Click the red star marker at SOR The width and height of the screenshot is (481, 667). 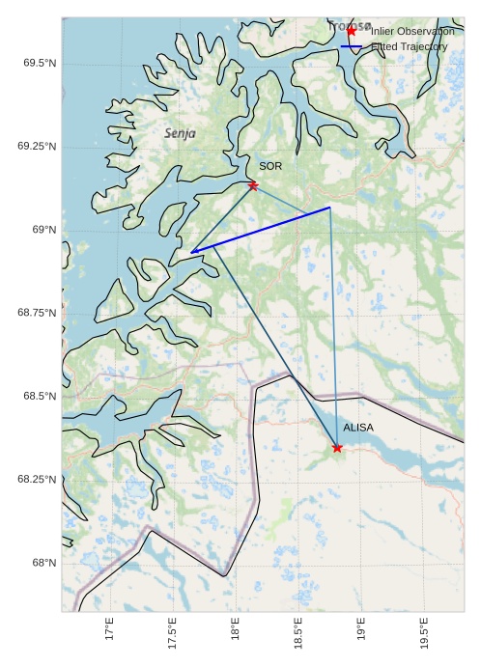(x=253, y=185)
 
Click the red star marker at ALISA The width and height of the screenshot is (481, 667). (x=337, y=447)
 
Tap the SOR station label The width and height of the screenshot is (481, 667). (x=270, y=167)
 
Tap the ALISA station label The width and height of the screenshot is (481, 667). (x=358, y=427)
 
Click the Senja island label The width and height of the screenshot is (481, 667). (x=180, y=133)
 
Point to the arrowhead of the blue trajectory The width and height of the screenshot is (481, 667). (x=193, y=252)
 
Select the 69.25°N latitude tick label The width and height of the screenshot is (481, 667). (x=37, y=146)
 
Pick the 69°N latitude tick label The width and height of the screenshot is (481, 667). (x=43, y=230)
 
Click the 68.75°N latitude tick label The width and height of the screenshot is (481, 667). (x=37, y=313)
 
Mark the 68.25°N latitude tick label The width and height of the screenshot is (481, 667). (x=37, y=479)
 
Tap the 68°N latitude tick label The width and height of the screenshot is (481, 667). (x=43, y=563)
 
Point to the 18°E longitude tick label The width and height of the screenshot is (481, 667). (x=236, y=630)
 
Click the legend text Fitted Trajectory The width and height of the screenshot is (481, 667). (x=410, y=46)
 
